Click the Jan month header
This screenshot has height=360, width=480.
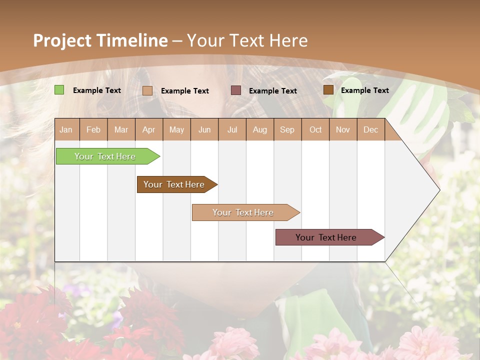(x=66, y=129)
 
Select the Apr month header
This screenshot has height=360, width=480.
(x=148, y=129)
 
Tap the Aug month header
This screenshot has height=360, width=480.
(x=259, y=129)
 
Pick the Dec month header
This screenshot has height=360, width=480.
(x=370, y=129)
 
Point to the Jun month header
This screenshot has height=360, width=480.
(x=204, y=129)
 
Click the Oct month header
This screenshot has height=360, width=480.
(x=315, y=129)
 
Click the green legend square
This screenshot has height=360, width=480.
(x=59, y=90)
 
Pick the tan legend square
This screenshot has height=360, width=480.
(x=147, y=90)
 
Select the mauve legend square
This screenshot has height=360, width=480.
(x=235, y=90)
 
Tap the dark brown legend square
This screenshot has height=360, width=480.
(x=328, y=89)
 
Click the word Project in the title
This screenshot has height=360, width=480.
(x=62, y=40)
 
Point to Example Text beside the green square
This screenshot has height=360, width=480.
(x=96, y=90)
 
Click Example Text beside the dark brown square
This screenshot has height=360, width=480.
(x=364, y=90)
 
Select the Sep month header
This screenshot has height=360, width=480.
(x=287, y=129)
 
